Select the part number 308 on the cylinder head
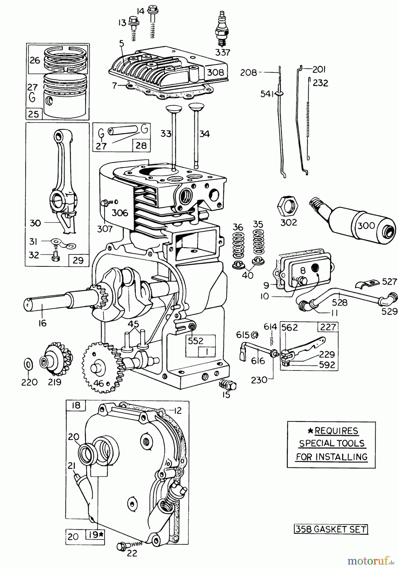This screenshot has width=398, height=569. pos(215,72)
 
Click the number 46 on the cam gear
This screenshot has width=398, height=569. pos(99,384)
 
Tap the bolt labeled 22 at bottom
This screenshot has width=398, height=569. pos(122,546)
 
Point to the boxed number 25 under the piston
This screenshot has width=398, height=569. pos(33,114)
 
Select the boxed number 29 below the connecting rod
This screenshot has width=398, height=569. pos(78,260)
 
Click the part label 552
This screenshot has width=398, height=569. pos(196,341)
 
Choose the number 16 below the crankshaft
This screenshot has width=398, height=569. pos(42,323)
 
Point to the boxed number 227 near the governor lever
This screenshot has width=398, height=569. pos(328,327)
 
